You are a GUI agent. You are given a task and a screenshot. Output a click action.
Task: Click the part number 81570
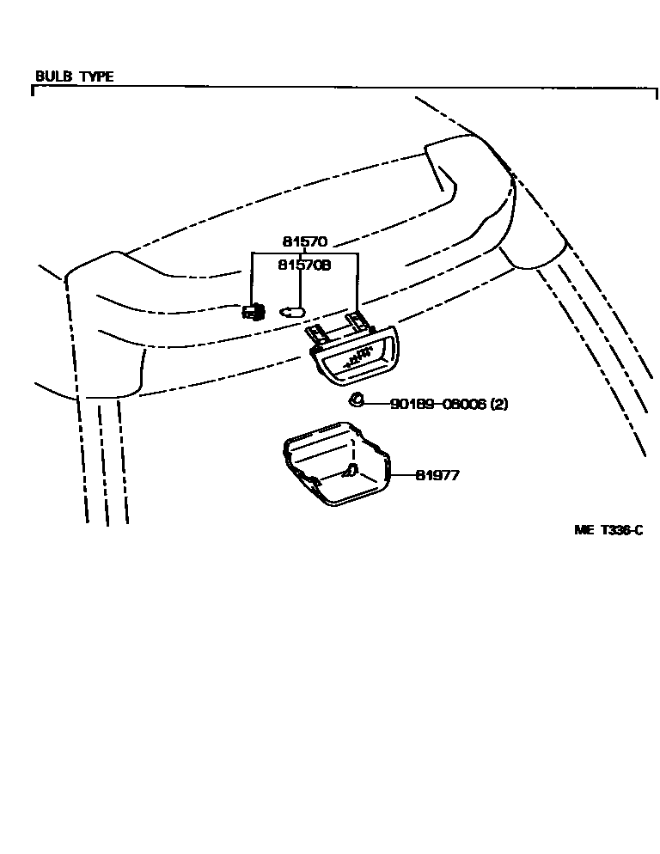coord(304,242)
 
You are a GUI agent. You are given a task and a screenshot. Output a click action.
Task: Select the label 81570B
coord(304,265)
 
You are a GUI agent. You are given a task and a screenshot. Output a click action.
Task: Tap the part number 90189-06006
coord(437,403)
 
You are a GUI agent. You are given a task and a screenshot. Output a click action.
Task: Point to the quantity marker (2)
coord(498,403)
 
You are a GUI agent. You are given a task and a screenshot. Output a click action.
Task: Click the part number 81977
coord(437,474)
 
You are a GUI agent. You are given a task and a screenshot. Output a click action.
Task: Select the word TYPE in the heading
coord(96,76)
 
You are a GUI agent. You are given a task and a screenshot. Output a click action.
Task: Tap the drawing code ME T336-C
coord(608,530)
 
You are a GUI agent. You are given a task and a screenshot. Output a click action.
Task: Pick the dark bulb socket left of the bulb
coord(253,310)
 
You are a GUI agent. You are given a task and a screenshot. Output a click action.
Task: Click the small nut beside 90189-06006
coord(356,401)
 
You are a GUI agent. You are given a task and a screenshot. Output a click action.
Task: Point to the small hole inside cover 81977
coord(350,470)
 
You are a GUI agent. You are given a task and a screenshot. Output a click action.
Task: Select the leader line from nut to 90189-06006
coord(376,403)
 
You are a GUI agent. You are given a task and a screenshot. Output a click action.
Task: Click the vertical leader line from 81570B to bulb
coord(298,289)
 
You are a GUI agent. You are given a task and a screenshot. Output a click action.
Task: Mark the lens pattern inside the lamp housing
coord(357,360)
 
